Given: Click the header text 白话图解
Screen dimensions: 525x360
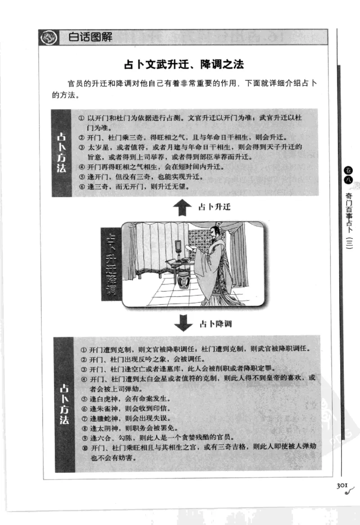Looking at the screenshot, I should point(90,37).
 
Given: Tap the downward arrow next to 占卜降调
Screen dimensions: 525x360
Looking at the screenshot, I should point(183,323).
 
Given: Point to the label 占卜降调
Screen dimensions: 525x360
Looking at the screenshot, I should point(215,324).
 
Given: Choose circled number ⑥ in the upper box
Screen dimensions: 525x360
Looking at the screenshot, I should point(82,186).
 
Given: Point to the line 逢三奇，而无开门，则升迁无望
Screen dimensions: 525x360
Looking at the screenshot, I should point(135,186).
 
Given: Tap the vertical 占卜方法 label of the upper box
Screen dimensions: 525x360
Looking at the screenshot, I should point(62,153).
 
